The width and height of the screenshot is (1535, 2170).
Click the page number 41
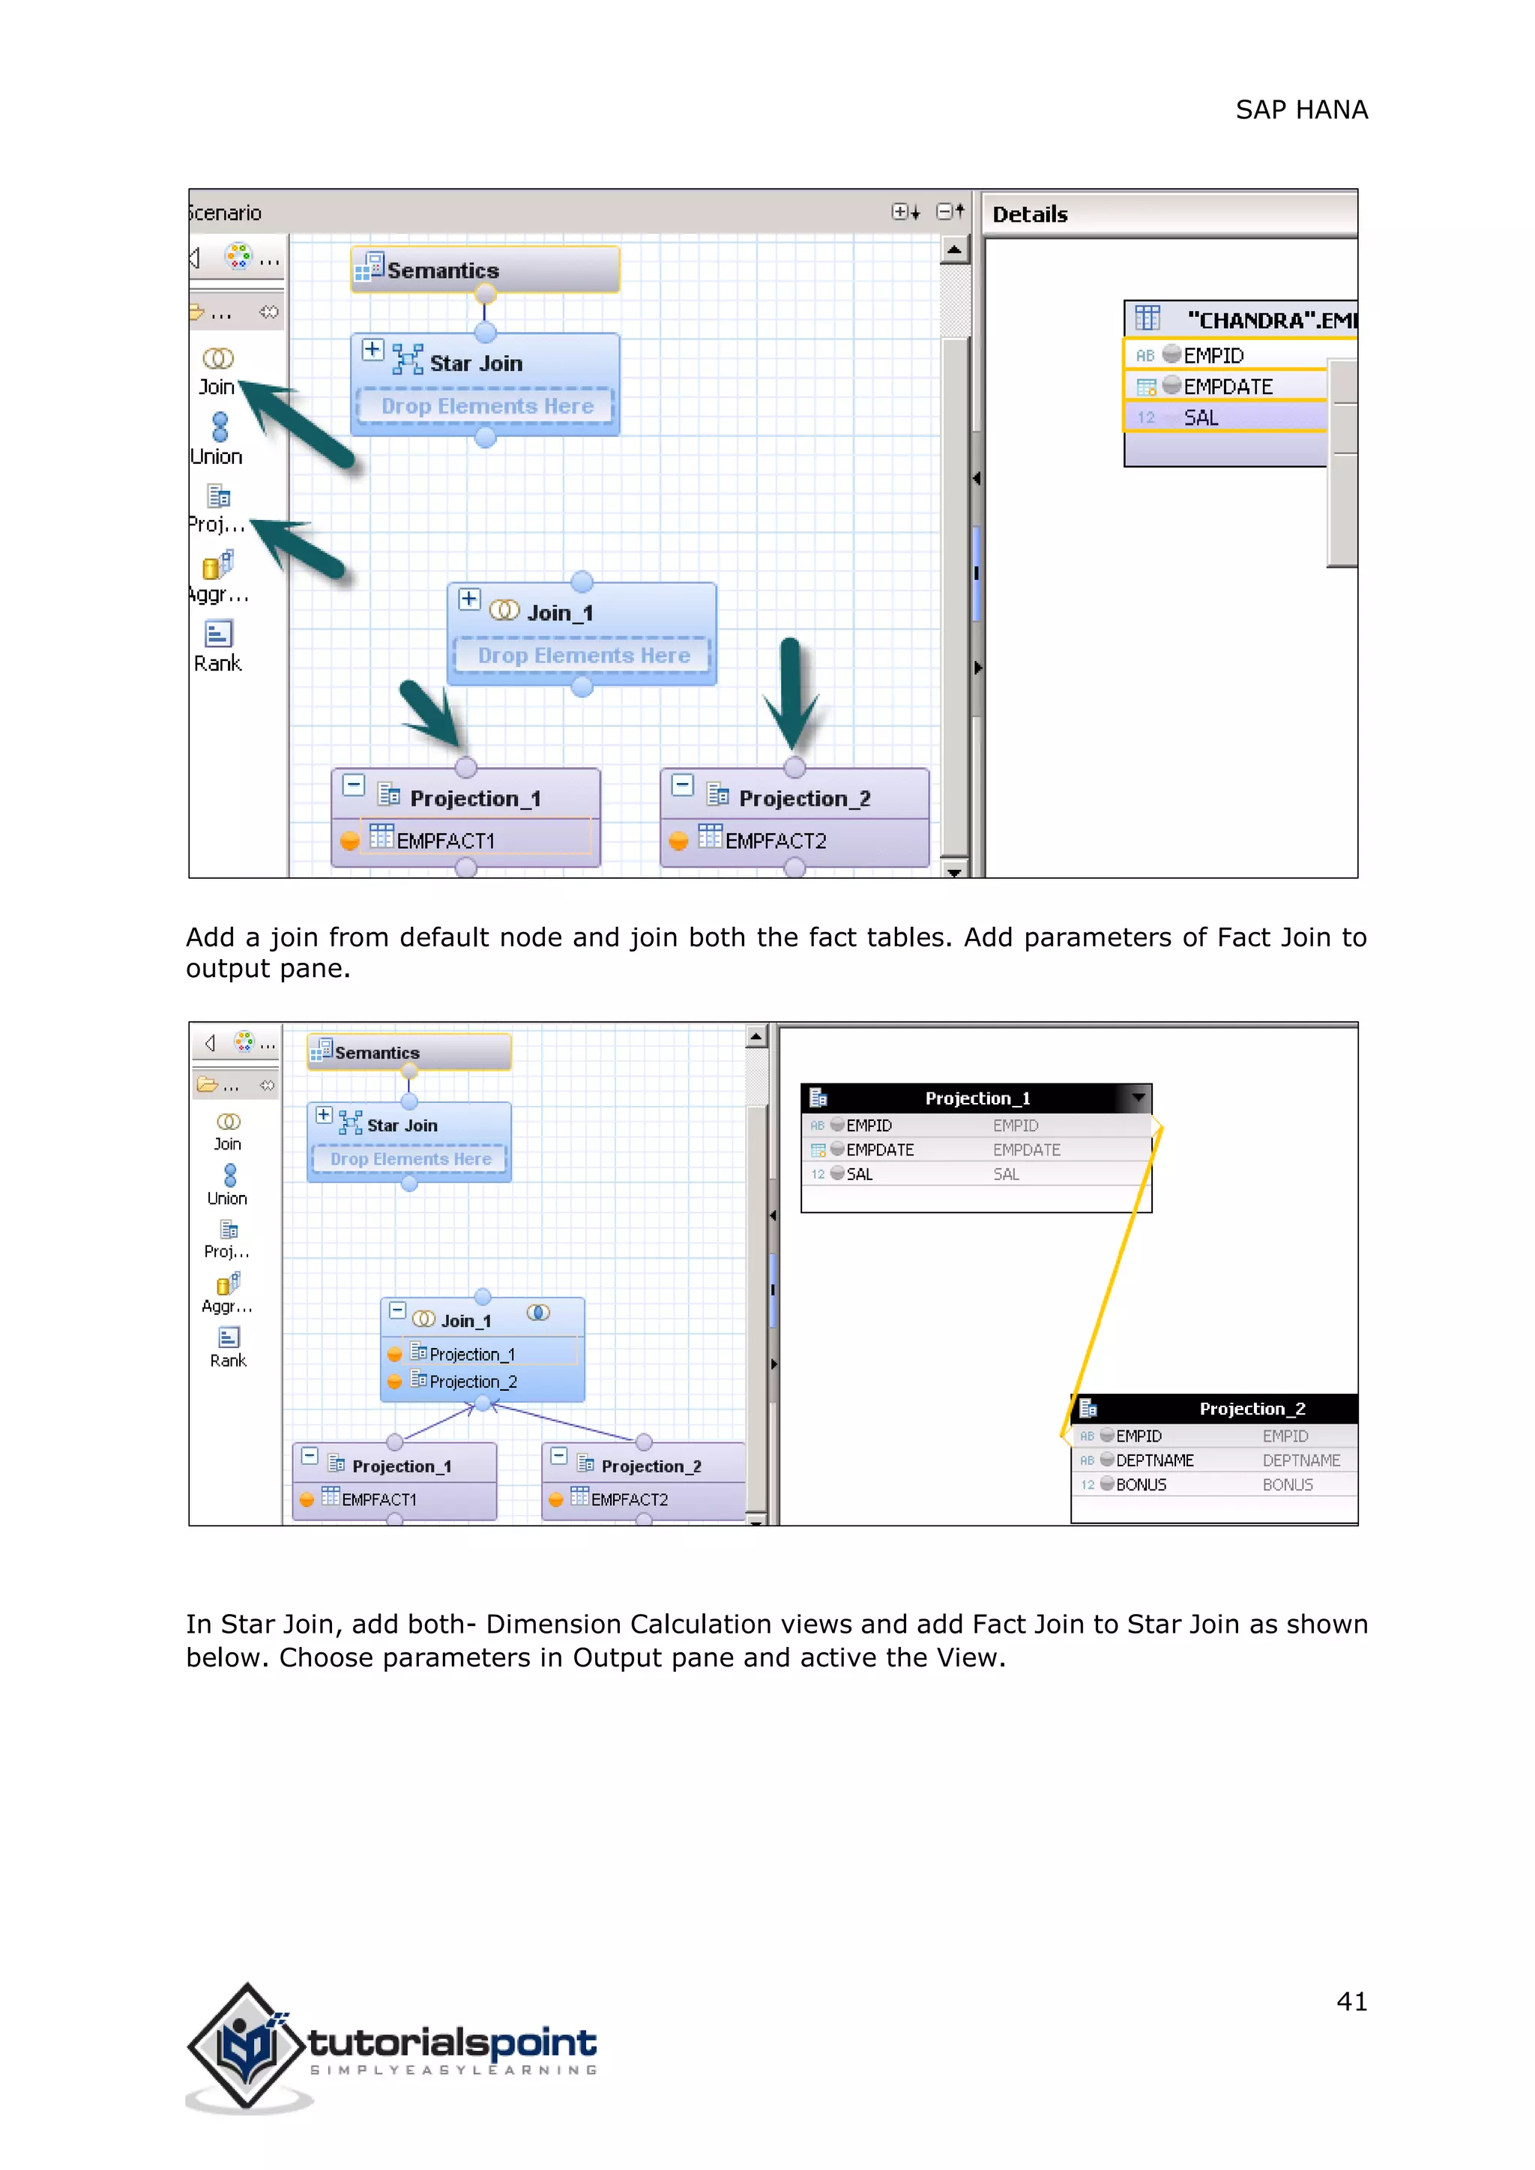tap(1351, 2001)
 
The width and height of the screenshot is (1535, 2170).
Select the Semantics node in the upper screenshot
tap(485, 271)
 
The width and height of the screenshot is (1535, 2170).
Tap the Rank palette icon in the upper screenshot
tap(218, 633)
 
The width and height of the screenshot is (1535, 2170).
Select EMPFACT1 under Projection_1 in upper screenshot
tap(445, 840)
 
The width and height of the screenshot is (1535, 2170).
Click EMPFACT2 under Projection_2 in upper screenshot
tap(775, 840)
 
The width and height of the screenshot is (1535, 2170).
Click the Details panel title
tap(1029, 214)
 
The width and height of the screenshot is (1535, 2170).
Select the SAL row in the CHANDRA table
tap(1201, 418)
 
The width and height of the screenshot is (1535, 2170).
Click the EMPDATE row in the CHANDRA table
tap(1227, 387)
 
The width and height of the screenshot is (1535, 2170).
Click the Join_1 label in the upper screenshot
tap(560, 614)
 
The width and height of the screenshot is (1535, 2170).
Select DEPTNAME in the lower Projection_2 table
tap(1154, 1460)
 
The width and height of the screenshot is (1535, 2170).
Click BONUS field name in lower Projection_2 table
tap(1141, 1485)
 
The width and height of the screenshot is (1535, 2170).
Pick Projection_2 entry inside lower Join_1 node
tap(473, 1382)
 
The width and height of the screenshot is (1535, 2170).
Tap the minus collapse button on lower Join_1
tap(398, 1311)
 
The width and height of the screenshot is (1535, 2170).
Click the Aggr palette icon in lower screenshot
tap(228, 1284)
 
